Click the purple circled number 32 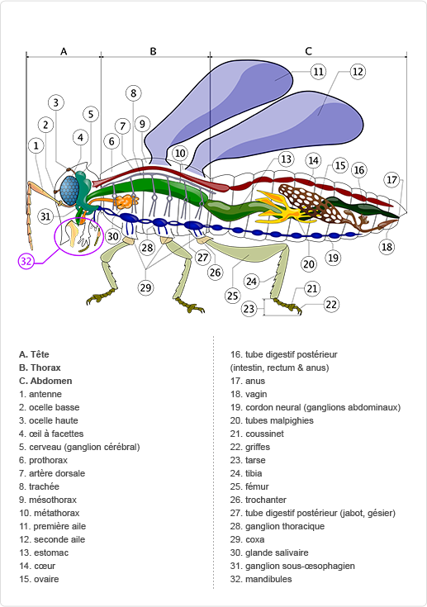coord(26,261)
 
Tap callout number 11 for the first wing coord(318,72)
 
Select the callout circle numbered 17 coord(392,180)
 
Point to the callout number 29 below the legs coord(145,287)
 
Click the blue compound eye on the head coord(69,191)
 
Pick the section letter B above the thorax coord(153,51)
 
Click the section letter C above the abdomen coord(308,51)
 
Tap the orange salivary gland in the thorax coord(125,202)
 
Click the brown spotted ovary coord(306,202)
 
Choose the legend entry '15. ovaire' coord(39,579)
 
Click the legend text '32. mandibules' coord(261,579)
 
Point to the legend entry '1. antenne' coord(40,394)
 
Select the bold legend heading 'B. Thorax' coord(40,368)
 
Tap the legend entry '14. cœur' coord(37,566)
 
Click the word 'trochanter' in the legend coord(266,500)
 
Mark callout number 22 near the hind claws coord(331,304)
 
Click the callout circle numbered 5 coord(91,114)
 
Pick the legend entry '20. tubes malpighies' coord(272,420)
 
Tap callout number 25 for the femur coord(232,296)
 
